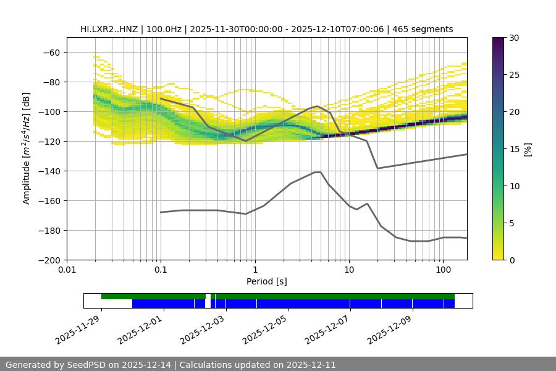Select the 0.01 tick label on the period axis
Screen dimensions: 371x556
tap(67, 270)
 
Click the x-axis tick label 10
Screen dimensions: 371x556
tap(348, 270)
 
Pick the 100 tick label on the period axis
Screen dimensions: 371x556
tap(442, 270)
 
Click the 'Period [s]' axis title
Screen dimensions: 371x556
tap(266, 281)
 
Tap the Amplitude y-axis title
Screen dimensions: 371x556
tap(27, 149)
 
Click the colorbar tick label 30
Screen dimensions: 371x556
tap(514, 38)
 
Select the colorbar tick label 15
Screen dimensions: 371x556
tap(514, 149)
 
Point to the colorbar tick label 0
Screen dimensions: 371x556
tap(512, 260)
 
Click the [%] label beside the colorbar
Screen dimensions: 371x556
tap(528, 149)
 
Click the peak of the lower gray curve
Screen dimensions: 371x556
tap(318, 172)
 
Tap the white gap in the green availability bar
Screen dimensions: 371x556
tap(208, 297)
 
